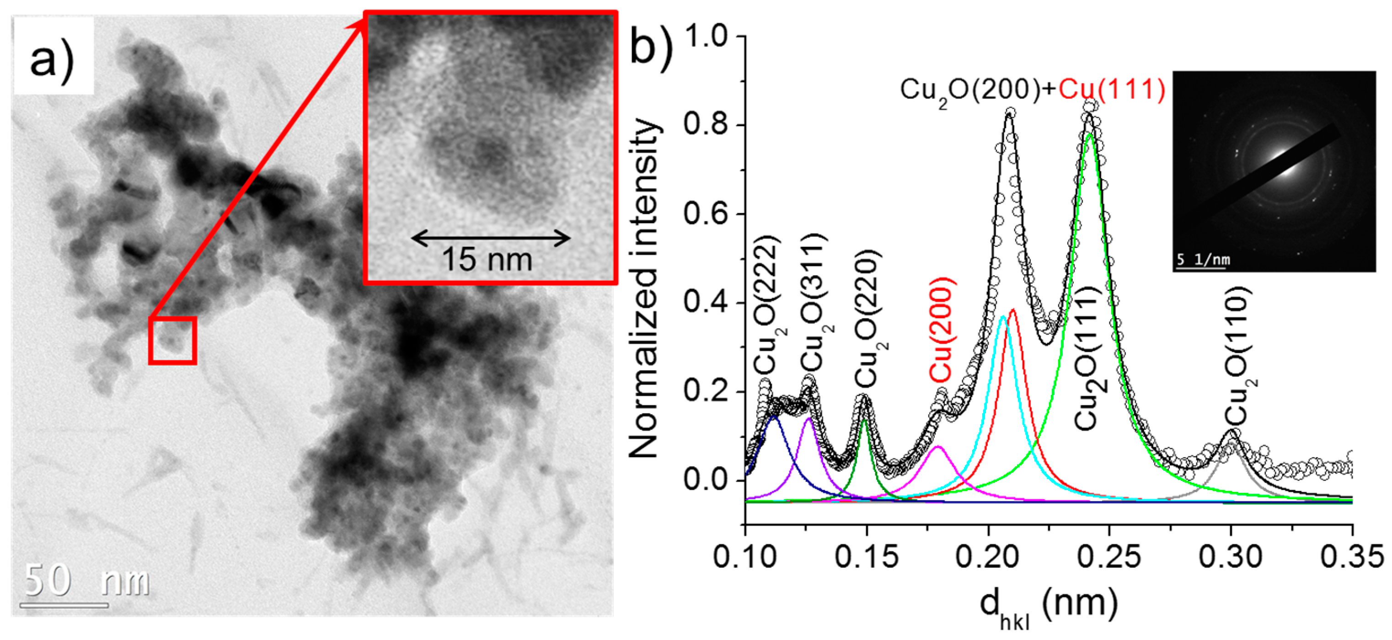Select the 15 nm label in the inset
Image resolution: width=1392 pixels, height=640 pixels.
click(487, 260)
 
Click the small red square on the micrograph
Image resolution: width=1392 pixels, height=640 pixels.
click(172, 340)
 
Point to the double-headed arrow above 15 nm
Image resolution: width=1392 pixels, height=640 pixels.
click(491, 238)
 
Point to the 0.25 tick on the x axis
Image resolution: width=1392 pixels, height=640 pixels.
click(1109, 557)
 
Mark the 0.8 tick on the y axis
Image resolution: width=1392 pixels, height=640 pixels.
click(707, 125)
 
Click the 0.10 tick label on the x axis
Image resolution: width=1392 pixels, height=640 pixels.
click(745, 557)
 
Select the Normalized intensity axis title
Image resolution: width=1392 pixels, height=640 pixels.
click(645, 289)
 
